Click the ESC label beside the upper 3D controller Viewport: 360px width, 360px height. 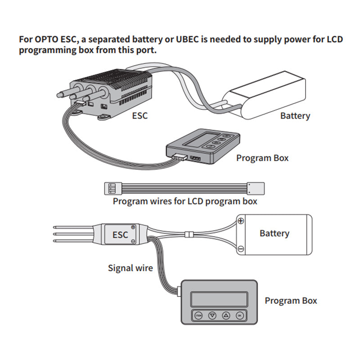[140, 116]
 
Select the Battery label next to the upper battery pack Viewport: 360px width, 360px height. [295, 116]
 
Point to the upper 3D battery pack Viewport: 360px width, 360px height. [265, 94]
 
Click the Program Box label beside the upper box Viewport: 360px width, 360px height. [262, 158]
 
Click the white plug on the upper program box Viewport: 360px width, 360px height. [179, 157]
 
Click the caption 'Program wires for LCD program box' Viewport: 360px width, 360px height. [185, 201]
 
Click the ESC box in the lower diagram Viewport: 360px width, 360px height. [120, 234]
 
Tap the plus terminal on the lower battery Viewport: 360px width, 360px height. [241, 220]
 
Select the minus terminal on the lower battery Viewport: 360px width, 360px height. [241, 249]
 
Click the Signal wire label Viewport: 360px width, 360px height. [130, 269]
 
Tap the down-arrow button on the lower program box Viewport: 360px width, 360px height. [212, 315]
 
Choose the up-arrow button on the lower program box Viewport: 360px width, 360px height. [226, 315]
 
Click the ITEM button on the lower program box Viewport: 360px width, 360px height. [198, 315]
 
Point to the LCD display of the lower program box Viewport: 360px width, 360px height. [219, 298]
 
